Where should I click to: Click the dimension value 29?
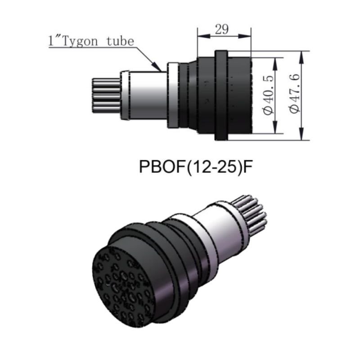(x=222, y=29)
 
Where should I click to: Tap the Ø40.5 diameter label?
(x=269, y=95)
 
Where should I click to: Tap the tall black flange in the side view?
(x=221, y=95)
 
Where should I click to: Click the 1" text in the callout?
(x=54, y=41)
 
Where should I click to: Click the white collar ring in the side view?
(x=173, y=95)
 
